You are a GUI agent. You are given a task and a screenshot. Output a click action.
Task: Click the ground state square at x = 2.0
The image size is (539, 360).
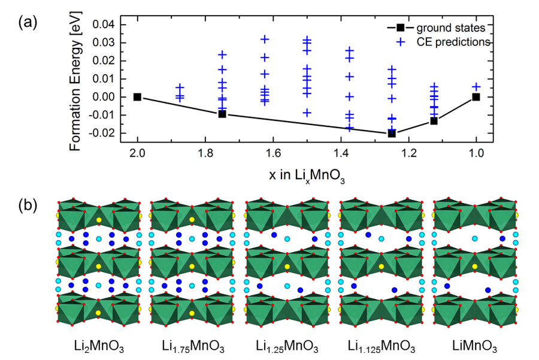(x=137, y=97)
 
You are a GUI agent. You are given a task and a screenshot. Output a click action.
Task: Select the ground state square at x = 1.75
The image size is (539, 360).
(x=222, y=114)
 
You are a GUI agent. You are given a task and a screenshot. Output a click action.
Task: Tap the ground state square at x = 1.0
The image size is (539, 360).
(x=476, y=97)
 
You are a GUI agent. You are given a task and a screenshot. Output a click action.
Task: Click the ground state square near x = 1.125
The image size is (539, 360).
(x=434, y=121)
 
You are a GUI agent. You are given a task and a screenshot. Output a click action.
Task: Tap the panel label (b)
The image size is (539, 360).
(x=28, y=205)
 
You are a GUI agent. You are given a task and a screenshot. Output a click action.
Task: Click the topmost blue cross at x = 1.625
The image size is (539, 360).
(x=265, y=39)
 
